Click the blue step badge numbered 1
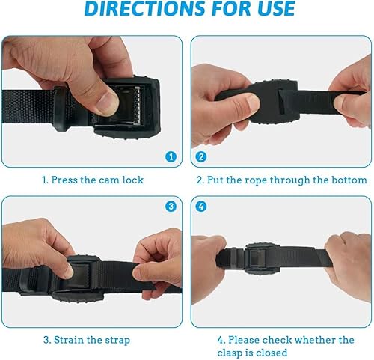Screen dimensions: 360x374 click(x=171, y=158)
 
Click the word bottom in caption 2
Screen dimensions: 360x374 click(x=349, y=180)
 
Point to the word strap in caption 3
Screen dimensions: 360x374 click(x=126, y=338)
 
